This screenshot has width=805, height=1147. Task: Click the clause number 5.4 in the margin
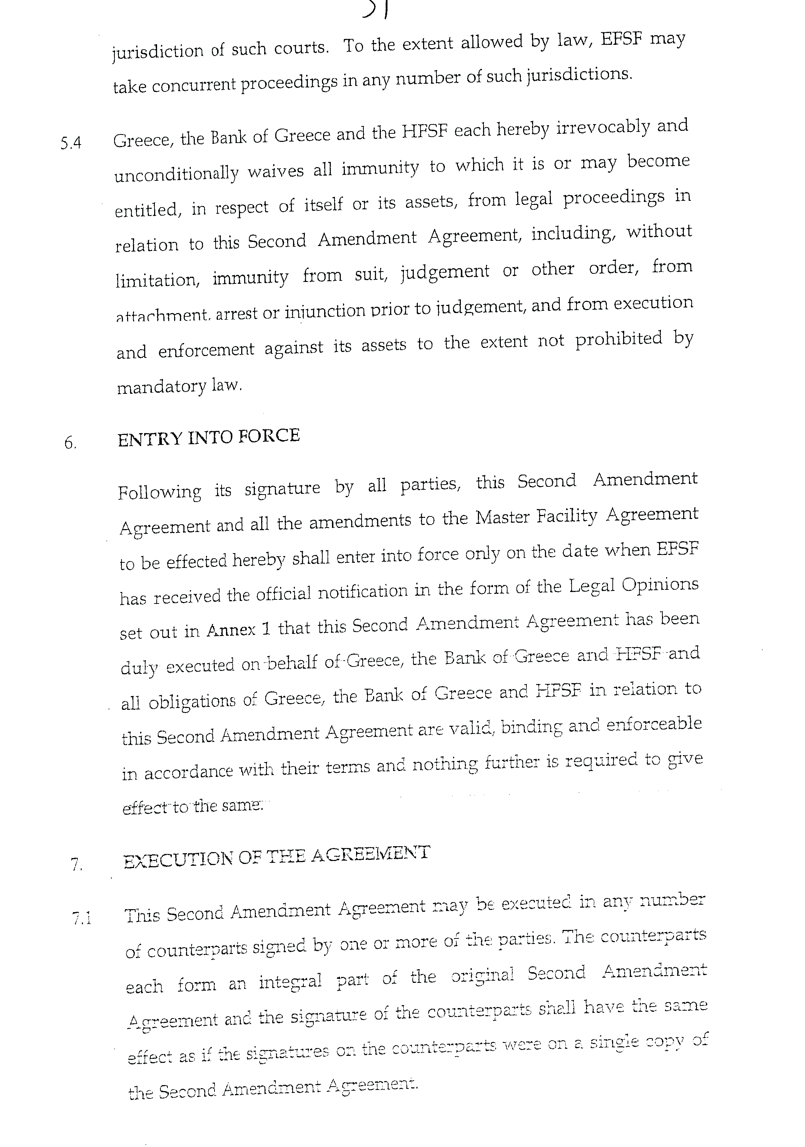[x=70, y=144]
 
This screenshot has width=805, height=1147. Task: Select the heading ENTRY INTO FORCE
[x=208, y=437]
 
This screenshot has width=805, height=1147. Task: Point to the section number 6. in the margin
[x=70, y=443]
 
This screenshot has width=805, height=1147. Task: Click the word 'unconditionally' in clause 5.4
[x=176, y=173]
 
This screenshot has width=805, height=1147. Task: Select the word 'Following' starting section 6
[x=160, y=492]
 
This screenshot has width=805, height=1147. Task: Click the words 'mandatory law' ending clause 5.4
[x=179, y=386]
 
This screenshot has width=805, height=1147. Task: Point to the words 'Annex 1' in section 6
[x=238, y=630]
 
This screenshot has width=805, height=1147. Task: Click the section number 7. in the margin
[x=76, y=864]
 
